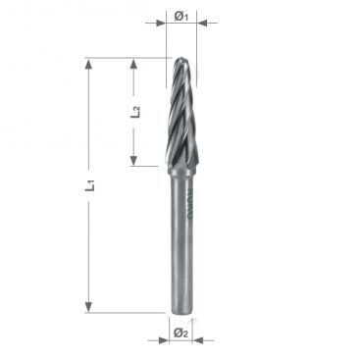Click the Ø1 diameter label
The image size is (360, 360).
[x=180, y=16]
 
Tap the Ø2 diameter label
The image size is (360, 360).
[x=180, y=333]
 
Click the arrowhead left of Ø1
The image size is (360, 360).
[x=161, y=23]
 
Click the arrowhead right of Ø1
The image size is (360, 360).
[x=202, y=23]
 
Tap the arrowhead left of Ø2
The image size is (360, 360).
[x=164, y=340]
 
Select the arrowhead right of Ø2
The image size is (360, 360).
[x=197, y=340]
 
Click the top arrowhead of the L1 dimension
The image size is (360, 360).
[x=88, y=64]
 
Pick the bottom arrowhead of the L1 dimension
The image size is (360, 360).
[x=88, y=307]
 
